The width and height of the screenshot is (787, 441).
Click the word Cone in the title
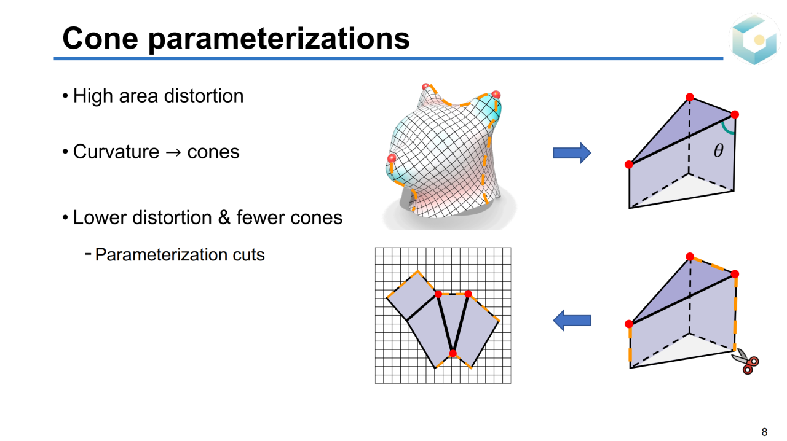(100, 38)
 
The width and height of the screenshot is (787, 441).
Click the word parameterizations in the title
(279, 40)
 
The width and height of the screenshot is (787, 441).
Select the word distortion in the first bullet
(204, 96)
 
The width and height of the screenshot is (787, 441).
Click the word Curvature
(116, 152)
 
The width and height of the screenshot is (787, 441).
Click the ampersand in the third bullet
(224, 217)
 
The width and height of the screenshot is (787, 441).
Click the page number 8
(764, 432)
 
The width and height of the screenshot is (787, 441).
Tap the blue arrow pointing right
(572, 153)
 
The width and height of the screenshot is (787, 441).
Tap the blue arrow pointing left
(572, 320)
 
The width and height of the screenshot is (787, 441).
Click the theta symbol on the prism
(719, 150)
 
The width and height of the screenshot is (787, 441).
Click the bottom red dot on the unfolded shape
(453, 353)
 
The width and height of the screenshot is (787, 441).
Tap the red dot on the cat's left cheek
(392, 158)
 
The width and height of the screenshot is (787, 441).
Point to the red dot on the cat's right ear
(496, 95)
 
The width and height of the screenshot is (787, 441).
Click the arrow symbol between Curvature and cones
(173, 153)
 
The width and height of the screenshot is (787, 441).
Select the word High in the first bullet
(93, 96)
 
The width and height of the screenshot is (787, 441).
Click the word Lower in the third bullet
(100, 217)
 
